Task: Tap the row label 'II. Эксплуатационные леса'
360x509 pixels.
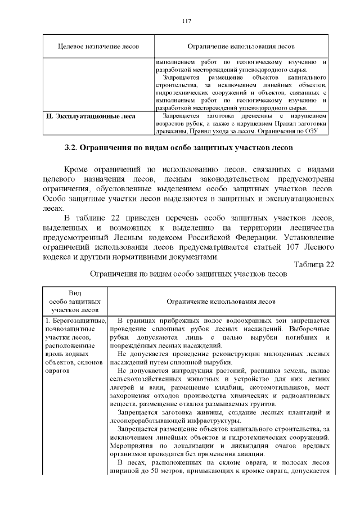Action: tap(90, 117)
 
